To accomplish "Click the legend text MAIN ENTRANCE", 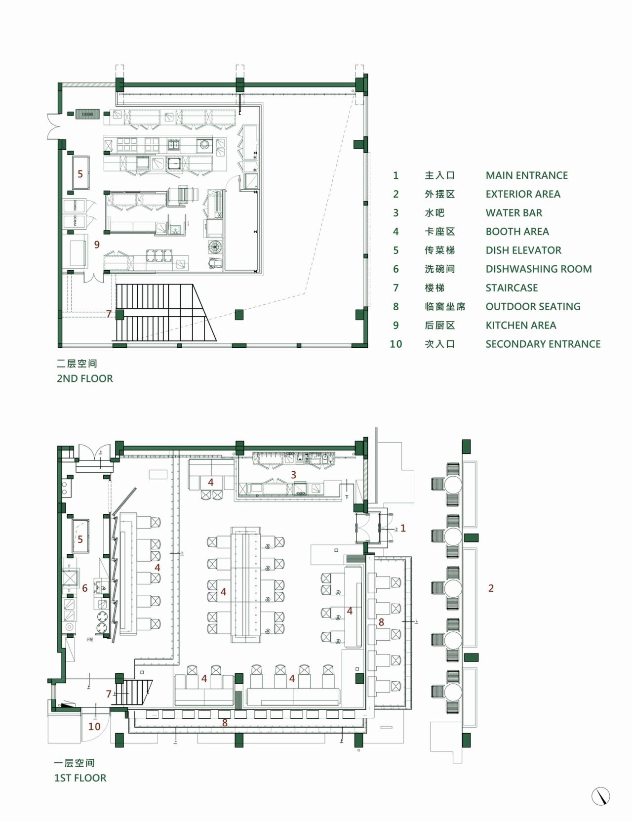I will click(x=526, y=175).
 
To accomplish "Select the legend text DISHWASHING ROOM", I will click(x=538, y=269).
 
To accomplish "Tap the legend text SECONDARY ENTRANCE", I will click(x=543, y=344).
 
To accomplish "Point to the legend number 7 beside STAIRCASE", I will click(x=395, y=288).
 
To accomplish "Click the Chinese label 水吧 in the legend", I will click(x=434, y=213).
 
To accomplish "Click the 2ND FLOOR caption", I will click(x=84, y=379).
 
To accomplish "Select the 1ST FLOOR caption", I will click(x=80, y=778).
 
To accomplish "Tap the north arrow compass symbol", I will click(x=601, y=796).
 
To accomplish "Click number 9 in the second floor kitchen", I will click(x=97, y=245).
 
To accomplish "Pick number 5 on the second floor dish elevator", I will click(x=80, y=174).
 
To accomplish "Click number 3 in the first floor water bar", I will click(x=293, y=475).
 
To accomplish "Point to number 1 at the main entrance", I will click(x=403, y=529).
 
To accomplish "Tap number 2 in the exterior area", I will click(x=491, y=588).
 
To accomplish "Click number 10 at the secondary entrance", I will click(x=94, y=727).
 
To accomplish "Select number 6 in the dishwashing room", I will click(x=85, y=588).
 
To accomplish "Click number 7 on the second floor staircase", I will click(x=109, y=314).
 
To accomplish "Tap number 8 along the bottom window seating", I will click(x=225, y=723).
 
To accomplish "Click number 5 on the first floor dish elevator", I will click(x=80, y=539).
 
